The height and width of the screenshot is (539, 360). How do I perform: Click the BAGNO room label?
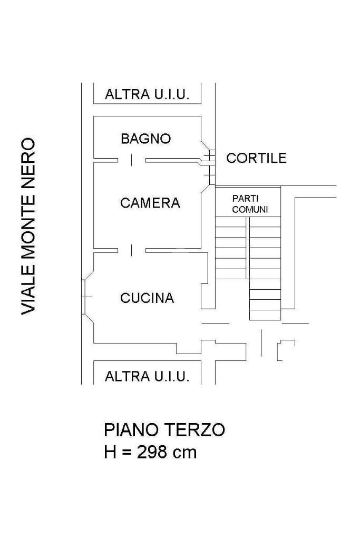click(x=145, y=139)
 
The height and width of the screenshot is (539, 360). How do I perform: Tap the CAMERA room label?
click(x=150, y=203)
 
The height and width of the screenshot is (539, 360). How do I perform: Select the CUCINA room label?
click(x=147, y=298)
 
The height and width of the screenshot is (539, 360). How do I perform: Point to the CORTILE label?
click(x=256, y=158)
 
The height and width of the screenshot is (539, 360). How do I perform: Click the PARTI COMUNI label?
click(x=250, y=204)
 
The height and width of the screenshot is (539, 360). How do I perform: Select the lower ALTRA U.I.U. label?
click(x=147, y=376)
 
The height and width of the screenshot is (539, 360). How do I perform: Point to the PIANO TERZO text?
click(x=164, y=429)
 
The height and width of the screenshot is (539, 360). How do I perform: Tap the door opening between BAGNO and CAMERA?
click(x=132, y=160)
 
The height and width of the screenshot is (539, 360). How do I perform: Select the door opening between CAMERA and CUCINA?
click(x=132, y=249)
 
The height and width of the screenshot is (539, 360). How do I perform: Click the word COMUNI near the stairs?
click(x=250, y=209)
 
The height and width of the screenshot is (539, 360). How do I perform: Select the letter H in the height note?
click(x=110, y=452)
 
